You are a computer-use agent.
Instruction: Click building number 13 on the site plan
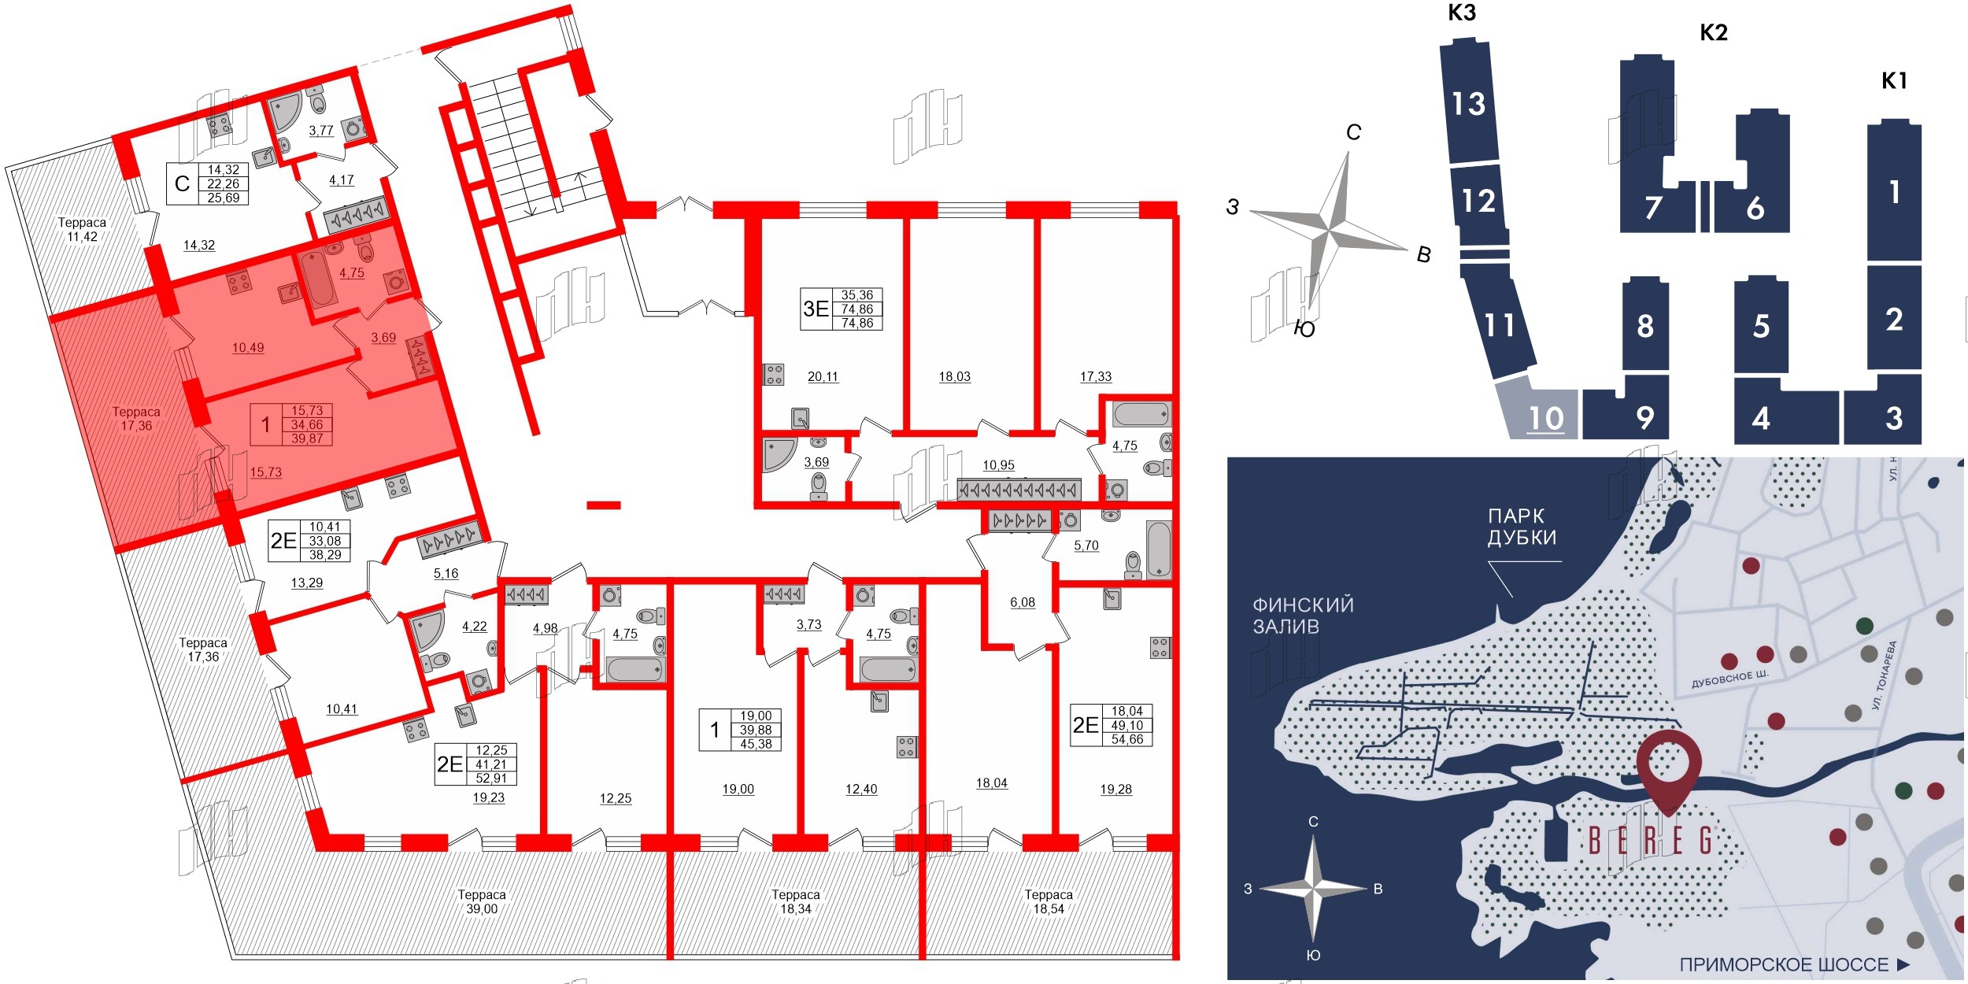click(x=1469, y=104)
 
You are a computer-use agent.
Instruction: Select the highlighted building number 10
click(x=1545, y=418)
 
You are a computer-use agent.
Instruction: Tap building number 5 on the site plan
click(x=1762, y=326)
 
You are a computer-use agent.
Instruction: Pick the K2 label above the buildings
click(x=1713, y=33)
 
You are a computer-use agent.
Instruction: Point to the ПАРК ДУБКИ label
click(x=1522, y=527)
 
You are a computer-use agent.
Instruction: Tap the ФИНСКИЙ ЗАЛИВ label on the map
click(x=1303, y=616)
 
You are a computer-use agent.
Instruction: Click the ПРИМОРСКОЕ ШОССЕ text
click(x=1784, y=964)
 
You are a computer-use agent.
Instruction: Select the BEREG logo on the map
click(x=1650, y=841)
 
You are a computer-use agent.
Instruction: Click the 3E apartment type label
click(x=816, y=309)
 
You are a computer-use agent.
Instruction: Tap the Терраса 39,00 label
click(x=482, y=901)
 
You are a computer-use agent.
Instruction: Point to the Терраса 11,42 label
click(x=82, y=229)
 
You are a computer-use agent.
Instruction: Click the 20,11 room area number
click(x=823, y=377)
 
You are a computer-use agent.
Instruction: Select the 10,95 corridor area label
click(x=998, y=465)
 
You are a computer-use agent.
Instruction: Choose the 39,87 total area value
click(x=307, y=438)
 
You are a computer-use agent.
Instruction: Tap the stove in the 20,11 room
click(x=774, y=374)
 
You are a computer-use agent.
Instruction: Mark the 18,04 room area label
click(x=991, y=782)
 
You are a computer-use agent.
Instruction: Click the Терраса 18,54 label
click(x=1049, y=901)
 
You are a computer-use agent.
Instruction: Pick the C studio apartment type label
click(x=182, y=183)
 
